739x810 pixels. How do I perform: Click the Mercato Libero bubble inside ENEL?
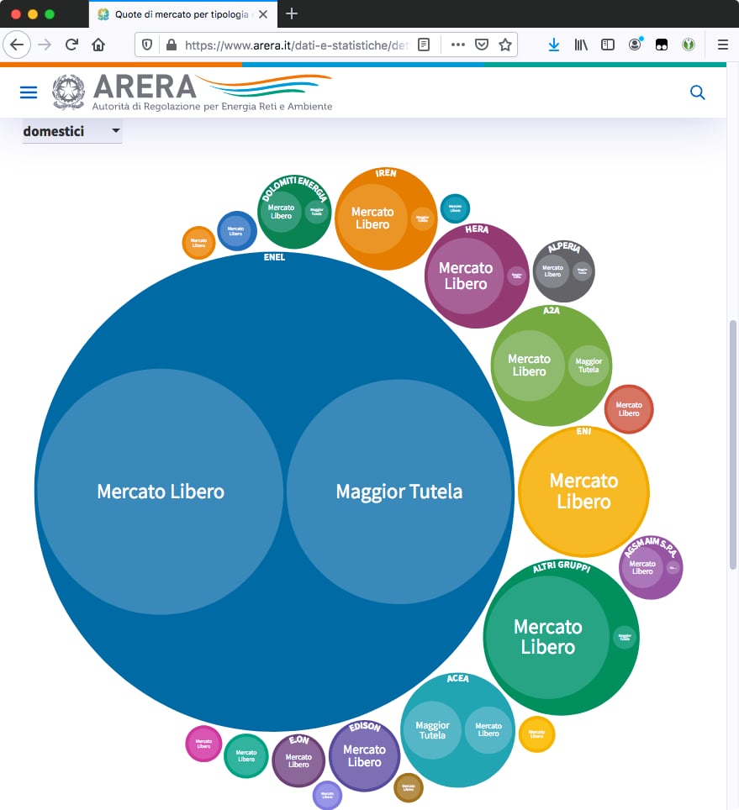(x=160, y=492)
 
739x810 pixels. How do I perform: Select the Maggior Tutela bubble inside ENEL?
(x=399, y=492)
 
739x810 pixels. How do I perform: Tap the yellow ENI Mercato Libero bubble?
(x=583, y=492)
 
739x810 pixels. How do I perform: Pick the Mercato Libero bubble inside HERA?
(x=466, y=276)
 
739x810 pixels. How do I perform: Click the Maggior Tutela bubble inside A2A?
(x=589, y=366)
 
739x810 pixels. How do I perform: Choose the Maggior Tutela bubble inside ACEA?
(x=432, y=730)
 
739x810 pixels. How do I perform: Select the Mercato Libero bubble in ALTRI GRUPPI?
(x=547, y=637)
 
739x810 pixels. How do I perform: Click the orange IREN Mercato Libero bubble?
(x=372, y=218)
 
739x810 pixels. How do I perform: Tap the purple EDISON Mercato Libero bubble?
(x=364, y=755)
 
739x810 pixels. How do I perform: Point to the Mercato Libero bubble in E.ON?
(x=298, y=760)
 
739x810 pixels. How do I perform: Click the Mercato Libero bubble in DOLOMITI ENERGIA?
(x=281, y=212)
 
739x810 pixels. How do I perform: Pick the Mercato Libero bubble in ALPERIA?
(x=552, y=271)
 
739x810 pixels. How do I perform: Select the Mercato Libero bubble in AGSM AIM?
(x=642, y=568)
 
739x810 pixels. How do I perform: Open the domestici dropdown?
(x=72, y=131)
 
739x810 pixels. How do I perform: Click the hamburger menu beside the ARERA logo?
(x=29, y=92)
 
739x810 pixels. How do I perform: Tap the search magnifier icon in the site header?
(x=697, y=92)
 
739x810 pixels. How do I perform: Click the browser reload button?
(x=71, y=45)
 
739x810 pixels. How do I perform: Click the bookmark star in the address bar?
(x=505, y=45)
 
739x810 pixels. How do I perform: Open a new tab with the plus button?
(x=292, y=13)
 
